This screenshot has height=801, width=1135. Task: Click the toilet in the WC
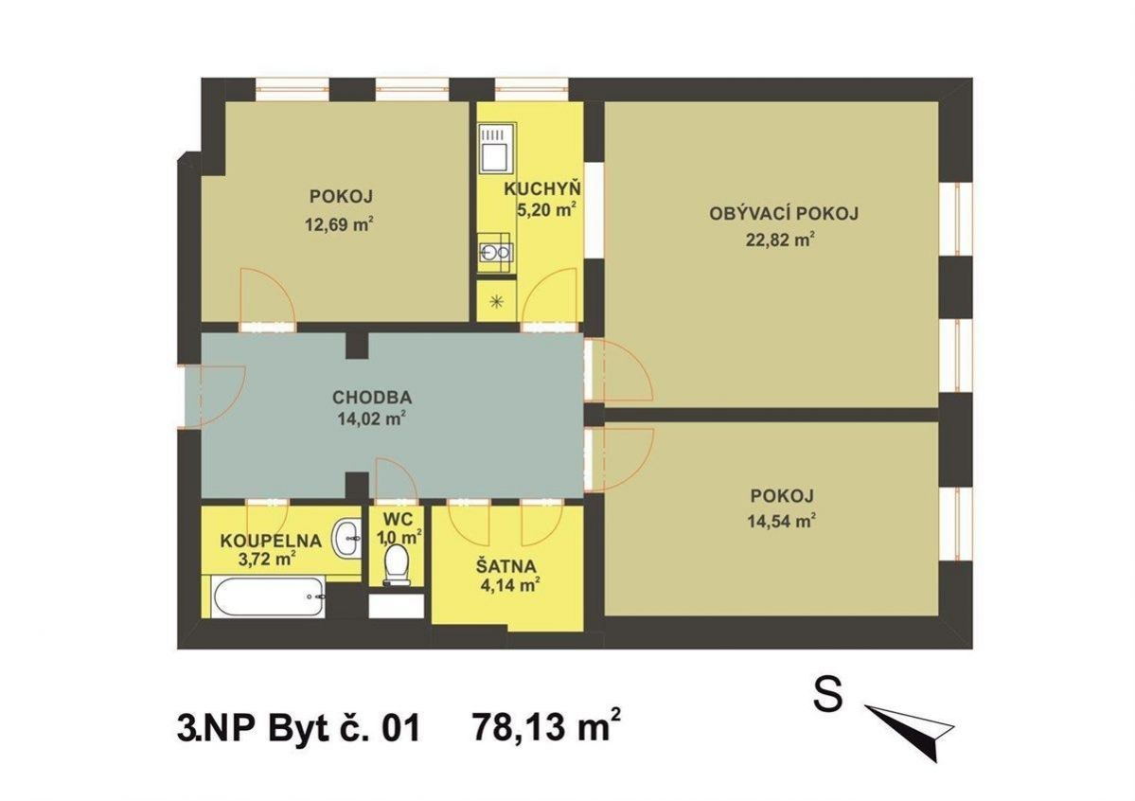coord(396,564)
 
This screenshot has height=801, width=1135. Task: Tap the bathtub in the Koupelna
coord(267,596)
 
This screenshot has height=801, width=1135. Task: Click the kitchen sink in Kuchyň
coord(496,252)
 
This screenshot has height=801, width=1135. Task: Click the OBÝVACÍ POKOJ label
coord(784,214)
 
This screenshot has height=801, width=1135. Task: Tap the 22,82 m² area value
coord(781,240)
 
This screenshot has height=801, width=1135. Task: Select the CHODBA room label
coord(372,397)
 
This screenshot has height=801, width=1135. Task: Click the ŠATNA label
coord(506,565)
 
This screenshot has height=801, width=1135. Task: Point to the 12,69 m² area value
coord(340,223)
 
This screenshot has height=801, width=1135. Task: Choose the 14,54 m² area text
coord(783,521)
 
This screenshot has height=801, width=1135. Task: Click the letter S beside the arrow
coord(828,695)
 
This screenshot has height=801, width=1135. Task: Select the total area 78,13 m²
coord(546,726)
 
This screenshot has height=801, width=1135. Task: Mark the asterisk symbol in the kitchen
coord(497,302)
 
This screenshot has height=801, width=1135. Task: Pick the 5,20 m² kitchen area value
coord(545,210)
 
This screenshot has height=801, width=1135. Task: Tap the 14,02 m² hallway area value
coord(371,418)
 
